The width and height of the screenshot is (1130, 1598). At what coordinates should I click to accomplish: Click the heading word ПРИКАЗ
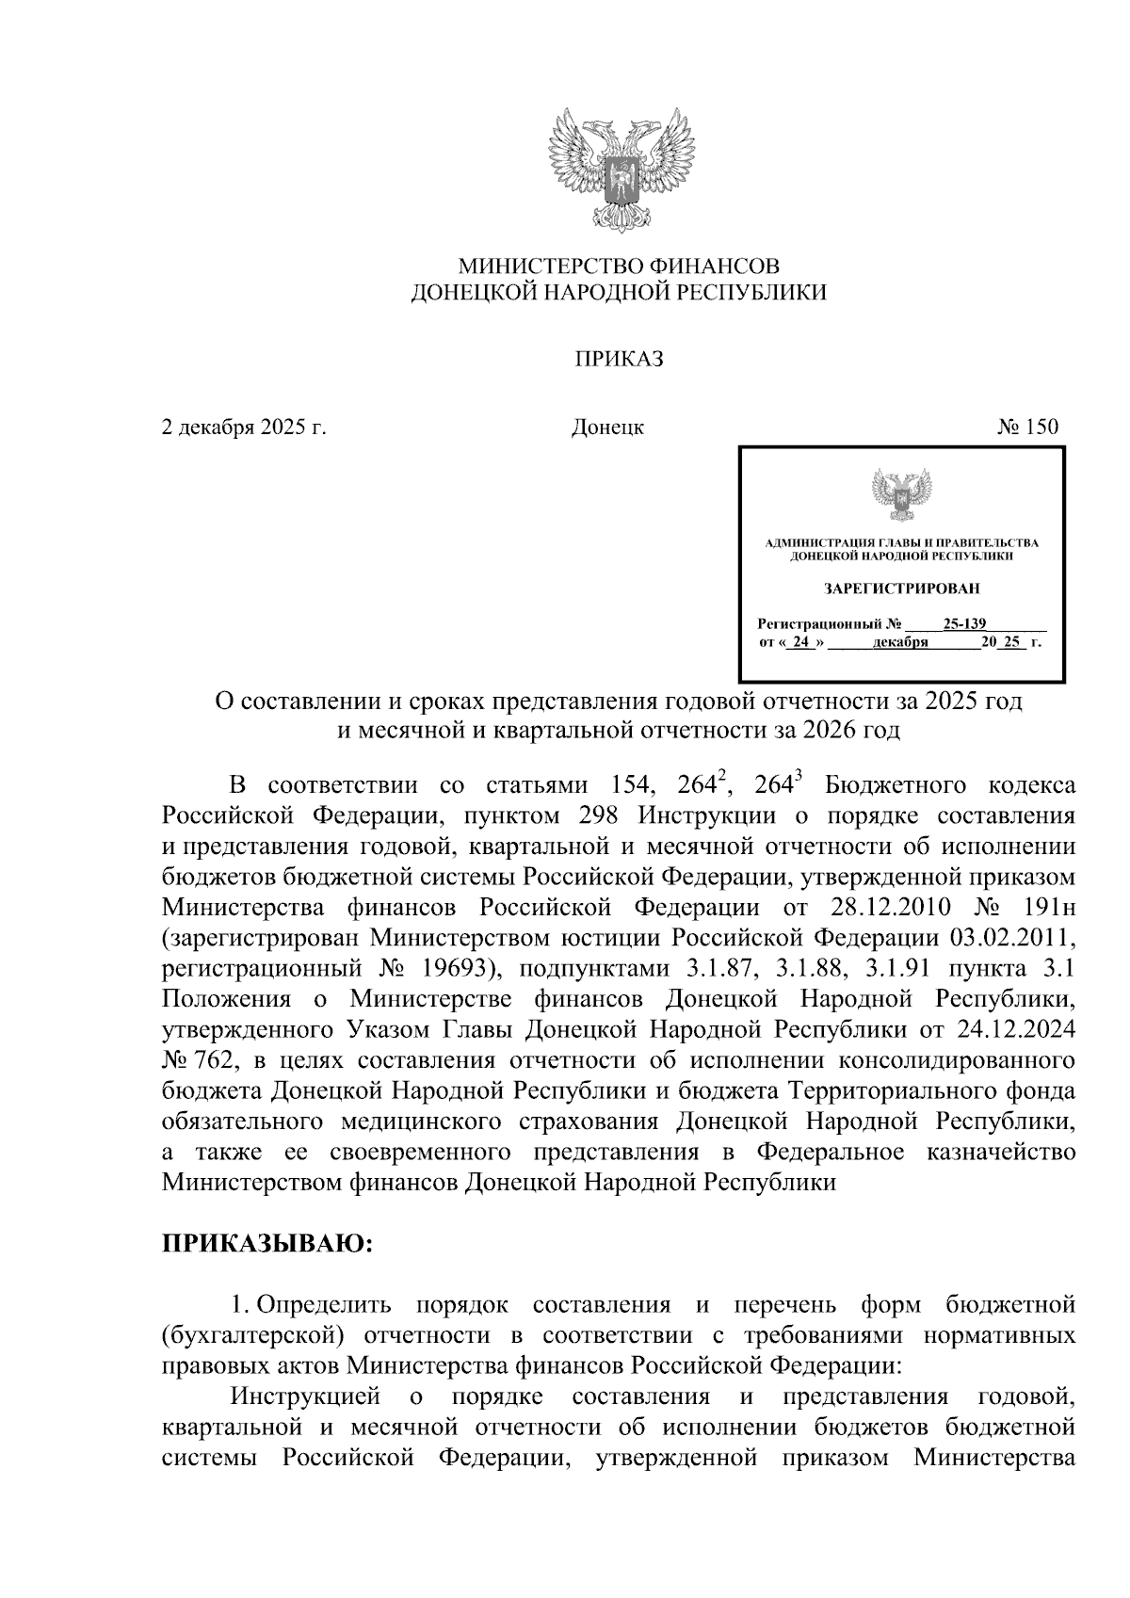[620, 359]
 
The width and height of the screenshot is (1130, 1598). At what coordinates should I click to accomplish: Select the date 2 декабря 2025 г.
[244, 428]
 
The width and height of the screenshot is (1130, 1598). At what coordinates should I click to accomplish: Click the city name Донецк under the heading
[607, 428]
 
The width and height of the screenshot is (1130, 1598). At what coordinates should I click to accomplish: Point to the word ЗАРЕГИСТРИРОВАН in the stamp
[901, 589]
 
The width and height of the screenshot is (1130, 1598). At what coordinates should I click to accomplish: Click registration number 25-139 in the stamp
[964, 623]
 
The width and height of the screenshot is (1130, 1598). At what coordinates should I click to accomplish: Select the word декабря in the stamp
[901, 643]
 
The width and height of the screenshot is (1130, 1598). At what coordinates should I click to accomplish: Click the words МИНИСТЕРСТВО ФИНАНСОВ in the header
[619, 266]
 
